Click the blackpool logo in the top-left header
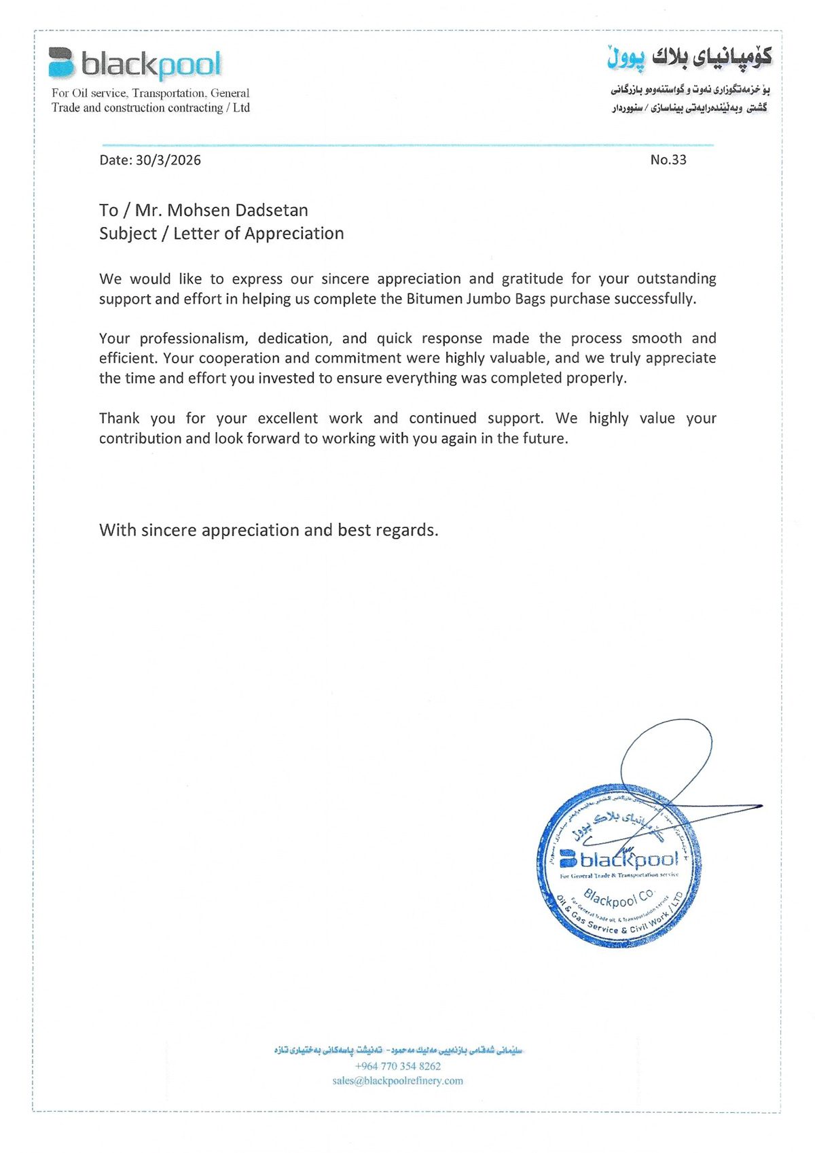coord(134,64)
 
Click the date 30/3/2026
coord(168,160)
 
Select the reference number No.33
coord(668,160)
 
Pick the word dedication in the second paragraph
coord(295,338)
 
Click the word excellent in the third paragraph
coord(288,419)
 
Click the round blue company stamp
coord(619,866)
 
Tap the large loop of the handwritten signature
coord(666,754)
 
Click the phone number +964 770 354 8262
coord(398,1066)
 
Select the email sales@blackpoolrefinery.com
coord(398,1081)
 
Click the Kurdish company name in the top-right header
coord(689,57)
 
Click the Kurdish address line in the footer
coord(398,1050)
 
